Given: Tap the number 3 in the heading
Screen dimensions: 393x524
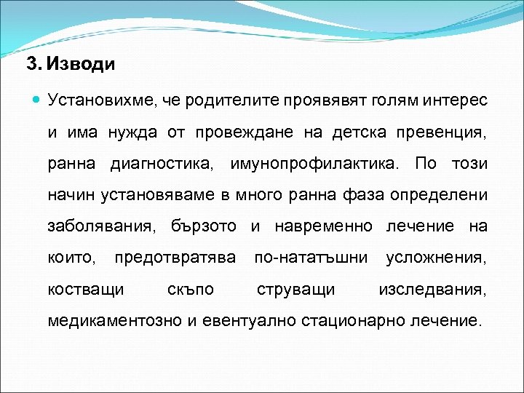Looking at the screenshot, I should pyautogui.click(x=31, y=64).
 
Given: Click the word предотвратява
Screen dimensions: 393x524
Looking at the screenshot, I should pyautogui.click(x=175, y=258).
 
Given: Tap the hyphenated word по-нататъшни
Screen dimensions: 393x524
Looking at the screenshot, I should pyautogui.click(x=311, y=258).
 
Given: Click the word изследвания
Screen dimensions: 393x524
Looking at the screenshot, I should pyautogui.click(x=432, y=289).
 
